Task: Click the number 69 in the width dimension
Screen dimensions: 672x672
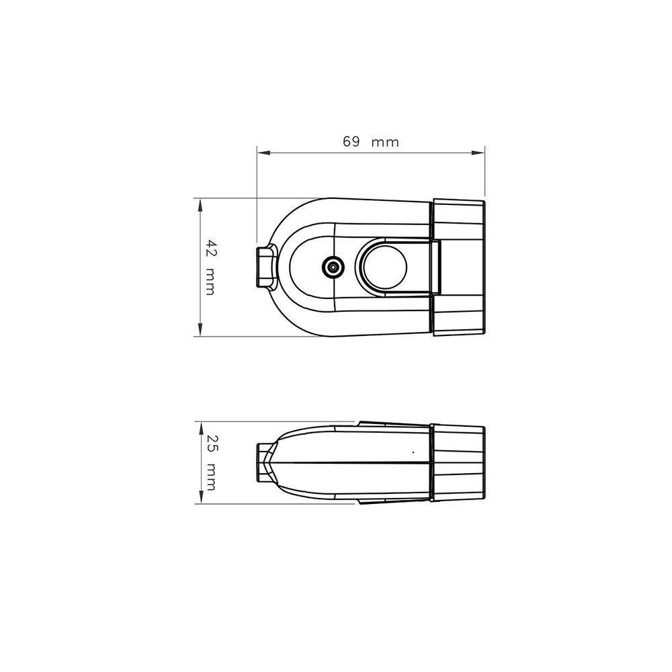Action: point(351,142)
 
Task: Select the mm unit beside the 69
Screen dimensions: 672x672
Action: point(385,142)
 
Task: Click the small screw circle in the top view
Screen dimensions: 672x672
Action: point(331,267)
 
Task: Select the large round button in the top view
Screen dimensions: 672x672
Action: point(382,267)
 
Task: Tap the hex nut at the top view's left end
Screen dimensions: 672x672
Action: point(265,267)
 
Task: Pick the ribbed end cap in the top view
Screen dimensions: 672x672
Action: point(458,267)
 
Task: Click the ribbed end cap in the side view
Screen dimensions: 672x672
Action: point(458,463)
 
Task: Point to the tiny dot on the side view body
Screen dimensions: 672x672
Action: point(413,452)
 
